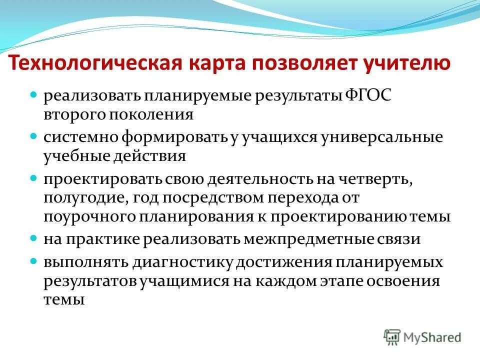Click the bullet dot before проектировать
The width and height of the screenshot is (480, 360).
[34, 177]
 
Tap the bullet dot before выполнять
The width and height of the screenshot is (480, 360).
[34, 261]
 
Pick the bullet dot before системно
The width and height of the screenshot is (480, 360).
[34, 135]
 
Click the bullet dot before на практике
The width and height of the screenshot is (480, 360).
[34, 238]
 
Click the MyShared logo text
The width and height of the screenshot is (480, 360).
[433, 337]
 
